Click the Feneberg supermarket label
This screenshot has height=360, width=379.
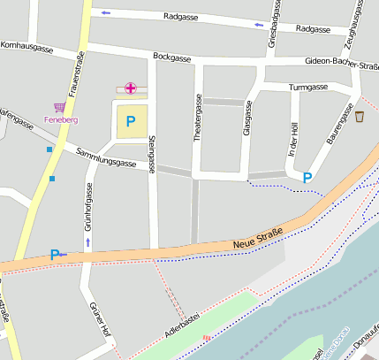tap(60, 119)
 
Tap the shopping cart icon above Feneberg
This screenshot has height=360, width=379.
tap(60, 106)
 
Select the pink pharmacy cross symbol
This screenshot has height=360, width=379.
tap(131, 88)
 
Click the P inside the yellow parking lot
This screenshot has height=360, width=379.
tap(131, 121)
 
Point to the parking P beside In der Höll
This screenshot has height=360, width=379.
tap(307, 178)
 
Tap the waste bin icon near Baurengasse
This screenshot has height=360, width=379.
tap(360, 116)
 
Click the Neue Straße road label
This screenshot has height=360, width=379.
tap(258, 237)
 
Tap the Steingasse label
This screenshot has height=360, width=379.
tap(153, 151)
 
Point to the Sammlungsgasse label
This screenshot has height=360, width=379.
tap(106, 158)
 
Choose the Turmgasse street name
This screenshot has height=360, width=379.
tap(308, 87)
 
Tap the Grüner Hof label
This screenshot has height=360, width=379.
tap(99, 319)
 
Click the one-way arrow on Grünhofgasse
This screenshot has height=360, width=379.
tap(87, 241)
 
